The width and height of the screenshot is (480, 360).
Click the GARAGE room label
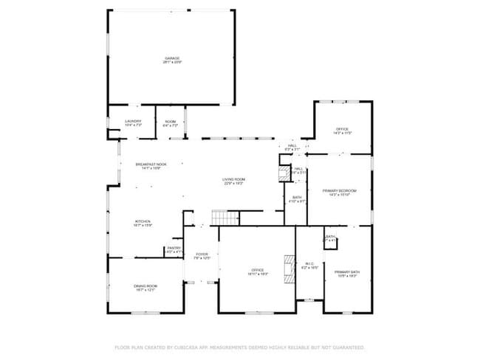(x=171, y=58)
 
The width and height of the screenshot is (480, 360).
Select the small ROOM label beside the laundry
(x=170, y=122)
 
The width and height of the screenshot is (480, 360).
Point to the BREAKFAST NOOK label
(x=151, y=165)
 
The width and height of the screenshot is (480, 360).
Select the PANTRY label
(x=174, y=248)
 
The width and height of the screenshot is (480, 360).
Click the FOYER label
(x=202, y=255)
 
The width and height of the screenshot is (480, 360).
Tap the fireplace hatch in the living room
(x=281, y=174)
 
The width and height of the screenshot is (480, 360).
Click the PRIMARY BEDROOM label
(x=340, y=190)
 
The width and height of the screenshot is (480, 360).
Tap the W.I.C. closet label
(x=310, y=264)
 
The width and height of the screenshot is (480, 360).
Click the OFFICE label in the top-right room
(x=343, y=129)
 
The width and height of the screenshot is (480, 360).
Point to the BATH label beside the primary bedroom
(x=297, y=197)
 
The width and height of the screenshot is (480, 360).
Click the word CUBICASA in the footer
(x=190, y=347)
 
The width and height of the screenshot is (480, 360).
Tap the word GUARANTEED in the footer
(x=348, y=347)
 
